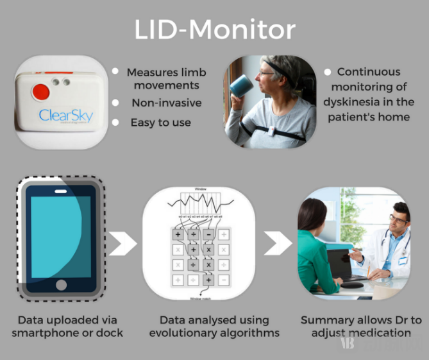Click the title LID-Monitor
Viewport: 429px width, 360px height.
point(214,30)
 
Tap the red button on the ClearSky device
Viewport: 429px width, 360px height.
point(40,90)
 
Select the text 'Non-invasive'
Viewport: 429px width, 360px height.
point(166,103)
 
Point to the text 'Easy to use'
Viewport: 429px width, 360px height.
point(160,122)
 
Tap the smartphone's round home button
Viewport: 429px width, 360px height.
point(61,284)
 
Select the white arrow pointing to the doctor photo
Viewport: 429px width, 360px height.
point(277,243)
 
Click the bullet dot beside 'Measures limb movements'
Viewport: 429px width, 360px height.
point(115,73)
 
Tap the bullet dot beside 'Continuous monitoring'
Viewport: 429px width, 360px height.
point(326,73)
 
